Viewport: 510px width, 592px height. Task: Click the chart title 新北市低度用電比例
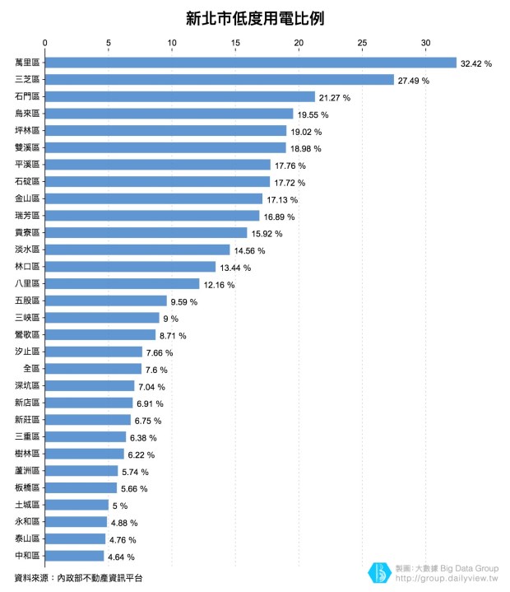click(254, 18)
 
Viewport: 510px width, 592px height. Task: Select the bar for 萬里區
click(250, 63)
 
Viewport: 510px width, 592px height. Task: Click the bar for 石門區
click(180, 97)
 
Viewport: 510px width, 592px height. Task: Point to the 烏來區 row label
click(28, 114)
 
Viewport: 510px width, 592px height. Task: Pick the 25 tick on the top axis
click(362, 43)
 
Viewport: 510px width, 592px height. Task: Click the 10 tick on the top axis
click(172, 43)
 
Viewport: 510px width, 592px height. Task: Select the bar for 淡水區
click(137, 249)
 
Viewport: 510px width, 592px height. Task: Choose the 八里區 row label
click(28, 284)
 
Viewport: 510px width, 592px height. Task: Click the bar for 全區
click(93, 369)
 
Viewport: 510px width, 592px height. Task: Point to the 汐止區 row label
click(28, 352)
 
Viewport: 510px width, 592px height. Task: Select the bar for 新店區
click(89, 403)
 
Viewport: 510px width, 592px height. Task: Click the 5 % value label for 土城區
click(120, 506)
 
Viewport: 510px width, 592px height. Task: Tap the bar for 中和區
click(74, 556)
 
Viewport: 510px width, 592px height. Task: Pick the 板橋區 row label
click(28, 488)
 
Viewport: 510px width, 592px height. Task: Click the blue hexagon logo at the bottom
click(380, 572)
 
